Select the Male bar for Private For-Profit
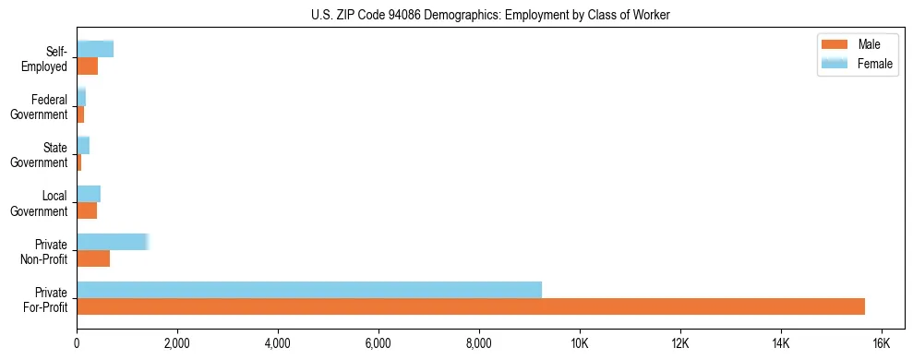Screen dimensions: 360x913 pyautogui.click(x=471, y=306)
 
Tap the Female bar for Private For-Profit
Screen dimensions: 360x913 pyautogui.click(x=309, y=290)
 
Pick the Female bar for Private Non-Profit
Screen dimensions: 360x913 pyautogui.click(x=112, y=242)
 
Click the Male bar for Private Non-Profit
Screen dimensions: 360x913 pyautogui.click(x=93, y=258)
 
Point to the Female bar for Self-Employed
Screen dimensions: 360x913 pyautogui.click(x=95, y=50)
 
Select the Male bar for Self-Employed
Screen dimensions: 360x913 pyautogui.click(x=87, y=66)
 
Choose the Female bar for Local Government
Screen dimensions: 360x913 pyautogui.click(x=89, y=194)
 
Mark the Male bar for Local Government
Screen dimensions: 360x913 pyautogui.click(x=87, y=210)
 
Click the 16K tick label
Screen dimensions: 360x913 pyautogui.click(x=881, y=342)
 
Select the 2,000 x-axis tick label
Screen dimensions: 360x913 pyautogui.click(x=177, y=342)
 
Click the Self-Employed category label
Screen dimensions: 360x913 pyautogui.click(x=49, y=59)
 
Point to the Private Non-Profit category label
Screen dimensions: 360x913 pyautogui.click(x=45, y=251)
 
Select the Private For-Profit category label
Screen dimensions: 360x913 pyautogui.click(x=46, y=299)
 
